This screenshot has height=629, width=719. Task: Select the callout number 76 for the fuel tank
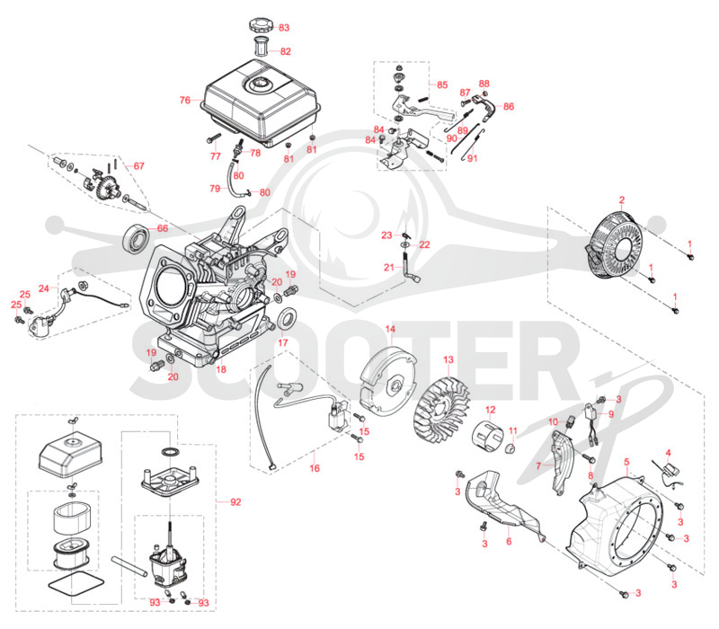(x=185, y=100)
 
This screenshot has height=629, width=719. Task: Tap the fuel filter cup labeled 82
(x=262, y=47)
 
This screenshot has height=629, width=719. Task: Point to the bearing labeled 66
(x=137, y=237)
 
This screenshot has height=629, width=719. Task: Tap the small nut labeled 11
(x=510, y=447)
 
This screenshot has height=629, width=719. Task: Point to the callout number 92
(x=235, y=502)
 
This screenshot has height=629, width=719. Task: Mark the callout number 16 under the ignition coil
(x=315, y=468)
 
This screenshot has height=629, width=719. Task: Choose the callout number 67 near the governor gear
(x=139, y=166)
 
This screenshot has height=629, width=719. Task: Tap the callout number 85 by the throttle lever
(x=442, y=84)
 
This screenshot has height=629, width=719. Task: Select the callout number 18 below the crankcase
(x=221, y=369)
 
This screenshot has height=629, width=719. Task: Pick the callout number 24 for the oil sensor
(x=43, y=288)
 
